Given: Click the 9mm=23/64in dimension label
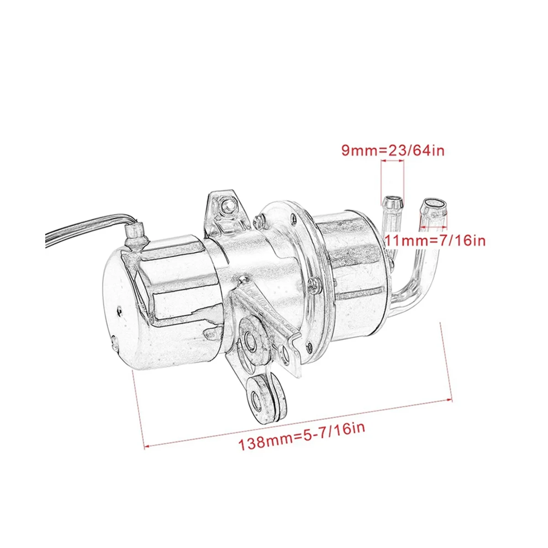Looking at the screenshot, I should [x=393, y=150].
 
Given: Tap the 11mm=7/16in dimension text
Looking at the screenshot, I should [x=435, y=240].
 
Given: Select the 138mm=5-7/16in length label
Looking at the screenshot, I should [x=302, y=436].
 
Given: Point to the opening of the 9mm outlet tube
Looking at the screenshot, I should [x=393, y=200].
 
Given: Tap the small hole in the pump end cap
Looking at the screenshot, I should [x=119, y=311].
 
